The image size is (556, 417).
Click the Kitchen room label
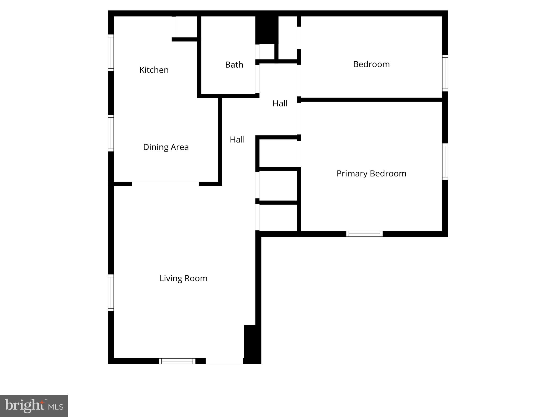tap(154, 70)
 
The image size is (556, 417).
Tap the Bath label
tap(234, 65)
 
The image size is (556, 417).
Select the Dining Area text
tap(166, 147)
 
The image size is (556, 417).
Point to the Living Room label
tap(183, 278)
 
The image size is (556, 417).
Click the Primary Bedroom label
tap(371, 173)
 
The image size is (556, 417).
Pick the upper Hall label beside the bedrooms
tap(280, 103)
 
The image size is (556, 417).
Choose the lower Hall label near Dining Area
tap(237, 140)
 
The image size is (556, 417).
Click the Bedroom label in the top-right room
tap(371, 64)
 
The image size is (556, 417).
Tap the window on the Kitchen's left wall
tap(111, 53)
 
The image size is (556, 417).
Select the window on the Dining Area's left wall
tap(111, 133)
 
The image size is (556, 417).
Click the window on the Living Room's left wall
tap(111, 293)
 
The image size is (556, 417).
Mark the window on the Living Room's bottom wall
tap(177, 361)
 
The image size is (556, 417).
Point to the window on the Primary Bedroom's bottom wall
tap(364, 234)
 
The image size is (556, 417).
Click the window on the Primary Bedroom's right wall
tap(445, 162)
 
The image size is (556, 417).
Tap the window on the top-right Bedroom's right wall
tap(445, 73)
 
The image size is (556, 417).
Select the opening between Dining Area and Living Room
tap(165, 184)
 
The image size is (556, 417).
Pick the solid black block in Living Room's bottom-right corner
tap(252, 343)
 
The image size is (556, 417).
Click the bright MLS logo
tap(34, 406)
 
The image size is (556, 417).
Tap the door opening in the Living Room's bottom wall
tap(224, 361)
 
